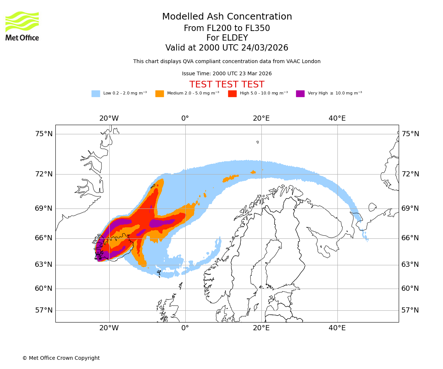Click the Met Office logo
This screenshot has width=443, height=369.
click(x=22, y=26)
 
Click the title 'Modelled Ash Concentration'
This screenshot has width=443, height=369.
click(x=227, y=17)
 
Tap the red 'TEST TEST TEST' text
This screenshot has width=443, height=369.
click(x=227, y=85)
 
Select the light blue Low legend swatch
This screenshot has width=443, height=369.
click(x=96, y=94)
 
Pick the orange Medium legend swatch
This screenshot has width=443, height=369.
click(x=159, y=94)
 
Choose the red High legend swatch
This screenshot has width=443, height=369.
click(x=232, y=94)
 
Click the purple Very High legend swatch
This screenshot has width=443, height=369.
click(x=300, y=94)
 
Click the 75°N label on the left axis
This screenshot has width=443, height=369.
click(x=44, y=134)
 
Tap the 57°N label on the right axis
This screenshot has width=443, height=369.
click(x=410, y=310)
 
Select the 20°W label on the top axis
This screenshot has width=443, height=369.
click(x=109, y=118)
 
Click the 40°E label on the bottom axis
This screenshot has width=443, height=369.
click(x=337, y=328)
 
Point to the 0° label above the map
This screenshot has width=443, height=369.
click(x=185, y=118)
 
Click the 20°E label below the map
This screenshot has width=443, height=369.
click(x=261, y=328)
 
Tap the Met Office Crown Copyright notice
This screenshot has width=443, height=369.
click(x=61, y=358)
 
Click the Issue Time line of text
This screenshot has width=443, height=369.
click(x=227, y=74)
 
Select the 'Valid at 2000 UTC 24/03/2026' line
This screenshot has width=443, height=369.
click(x=227, y=48)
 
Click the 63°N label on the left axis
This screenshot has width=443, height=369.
click(x=44, y=265)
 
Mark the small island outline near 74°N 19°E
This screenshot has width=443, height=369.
click(x=258, y=142)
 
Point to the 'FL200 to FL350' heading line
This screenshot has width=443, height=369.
click(x=227, y=28)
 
